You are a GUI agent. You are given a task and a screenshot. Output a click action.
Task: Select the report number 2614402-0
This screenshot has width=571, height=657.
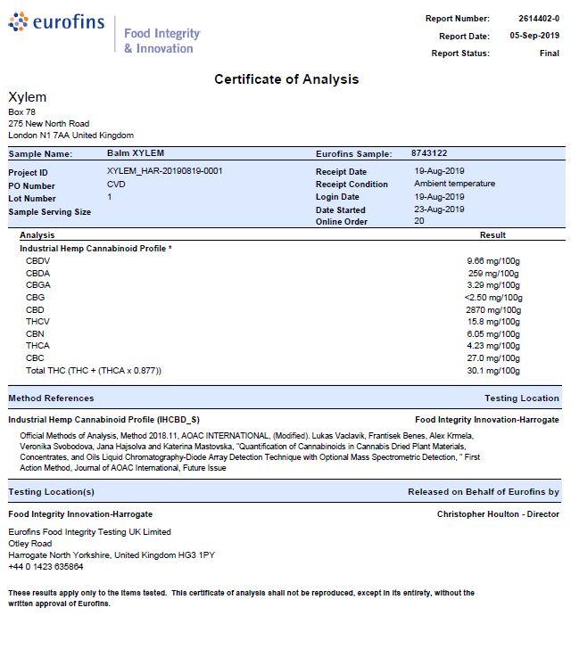pos(539,18)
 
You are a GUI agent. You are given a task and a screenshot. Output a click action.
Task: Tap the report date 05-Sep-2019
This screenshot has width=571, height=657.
pos(534,36)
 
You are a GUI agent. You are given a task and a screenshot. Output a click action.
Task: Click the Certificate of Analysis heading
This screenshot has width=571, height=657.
pos(286,79)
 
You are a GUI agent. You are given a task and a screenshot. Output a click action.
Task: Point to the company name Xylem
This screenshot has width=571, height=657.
pos(27,97)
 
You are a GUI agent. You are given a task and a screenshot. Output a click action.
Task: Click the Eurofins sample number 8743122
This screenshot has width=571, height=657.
pos(429,153)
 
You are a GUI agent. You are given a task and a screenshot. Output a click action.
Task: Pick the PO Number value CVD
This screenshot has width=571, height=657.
pos(116,185)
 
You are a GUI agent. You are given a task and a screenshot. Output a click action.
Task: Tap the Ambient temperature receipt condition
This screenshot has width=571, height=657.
pos(454,184)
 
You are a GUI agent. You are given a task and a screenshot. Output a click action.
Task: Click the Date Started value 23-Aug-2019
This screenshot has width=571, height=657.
pos(439,209)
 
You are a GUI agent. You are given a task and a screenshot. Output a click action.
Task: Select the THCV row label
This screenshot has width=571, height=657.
pos(37,322)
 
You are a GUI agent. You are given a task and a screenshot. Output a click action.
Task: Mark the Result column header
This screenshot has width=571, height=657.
pos(492,235)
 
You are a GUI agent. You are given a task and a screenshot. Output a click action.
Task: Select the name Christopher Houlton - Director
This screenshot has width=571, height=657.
pos(498,514)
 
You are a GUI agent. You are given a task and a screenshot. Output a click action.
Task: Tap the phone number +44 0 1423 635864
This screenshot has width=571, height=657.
pos(46,566)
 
